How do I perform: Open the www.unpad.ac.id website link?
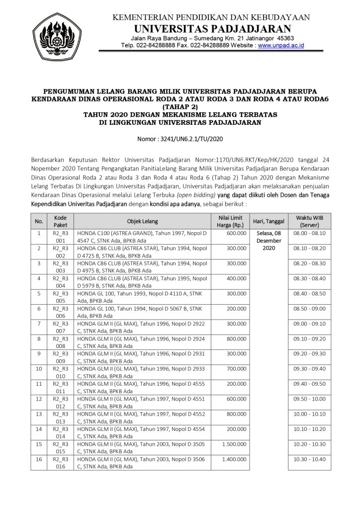point(281,45)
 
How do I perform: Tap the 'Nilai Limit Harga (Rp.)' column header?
point(230,221)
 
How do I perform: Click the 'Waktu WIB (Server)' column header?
point(309,221)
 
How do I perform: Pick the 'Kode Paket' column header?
point(60,221)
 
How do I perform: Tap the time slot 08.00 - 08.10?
point(309,233)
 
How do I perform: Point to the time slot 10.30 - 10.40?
point(309,461)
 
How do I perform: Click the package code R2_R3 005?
point(60,297)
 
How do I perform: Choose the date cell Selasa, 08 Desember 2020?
point(269,240)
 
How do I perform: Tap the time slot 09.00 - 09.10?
point(309,323)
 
